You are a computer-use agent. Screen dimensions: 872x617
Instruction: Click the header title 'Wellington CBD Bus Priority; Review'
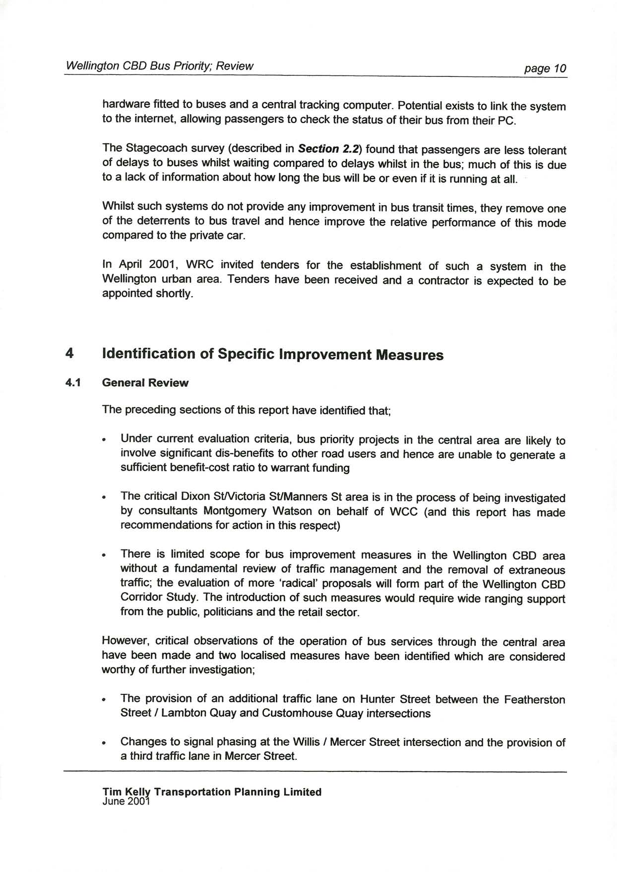(159, 66)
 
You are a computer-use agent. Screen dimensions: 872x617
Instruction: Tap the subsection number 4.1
(72, 383)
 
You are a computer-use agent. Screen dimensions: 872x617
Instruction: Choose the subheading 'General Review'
(145, 383)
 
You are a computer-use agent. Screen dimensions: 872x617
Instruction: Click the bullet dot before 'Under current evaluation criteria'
(104, 440)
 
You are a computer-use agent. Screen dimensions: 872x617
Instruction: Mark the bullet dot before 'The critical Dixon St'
(104, 498)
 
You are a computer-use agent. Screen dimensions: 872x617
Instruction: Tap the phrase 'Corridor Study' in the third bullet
(160, 598)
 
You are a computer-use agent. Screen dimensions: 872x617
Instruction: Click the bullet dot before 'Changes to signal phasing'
(104, 744)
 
